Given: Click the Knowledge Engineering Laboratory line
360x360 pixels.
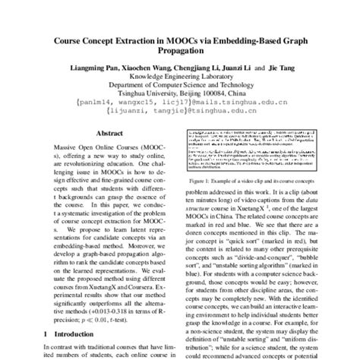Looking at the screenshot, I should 180,77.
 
